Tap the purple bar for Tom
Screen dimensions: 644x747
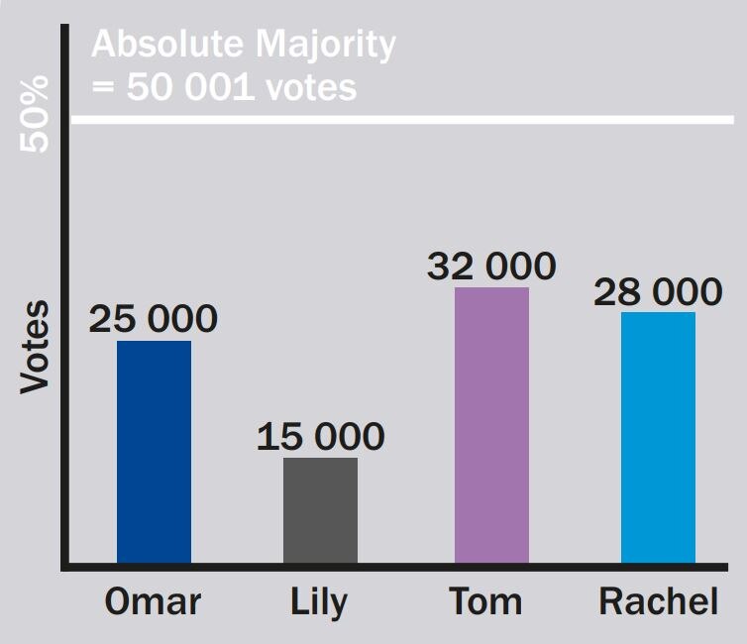[x=491, y=426]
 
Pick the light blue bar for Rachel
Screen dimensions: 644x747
[x=658, y=438]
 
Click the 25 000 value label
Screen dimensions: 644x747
[x=153, y=319]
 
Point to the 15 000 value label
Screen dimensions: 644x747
[x=320, y=437]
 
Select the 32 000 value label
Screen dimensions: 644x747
[x=491, y=266]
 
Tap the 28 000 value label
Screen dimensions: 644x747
[x=658, y=291]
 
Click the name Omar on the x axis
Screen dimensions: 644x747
[x=153, y=601]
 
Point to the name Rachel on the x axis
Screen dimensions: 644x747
[x=658, y=601]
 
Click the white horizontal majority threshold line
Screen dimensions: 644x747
[x=396, y=121]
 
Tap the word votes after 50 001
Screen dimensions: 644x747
[x=311, y=87]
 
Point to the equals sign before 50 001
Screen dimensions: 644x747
[x=103, y=87]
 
